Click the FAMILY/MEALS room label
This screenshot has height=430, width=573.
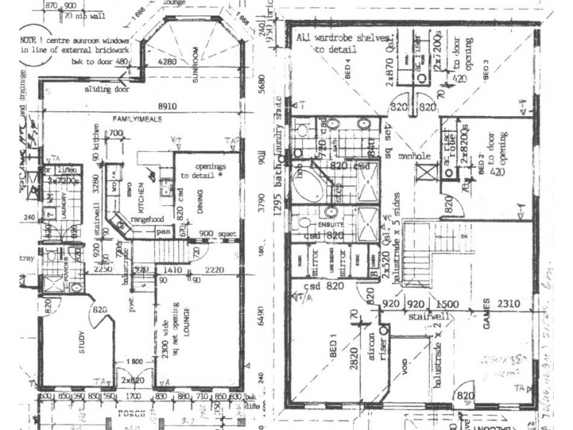point(134,118)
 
